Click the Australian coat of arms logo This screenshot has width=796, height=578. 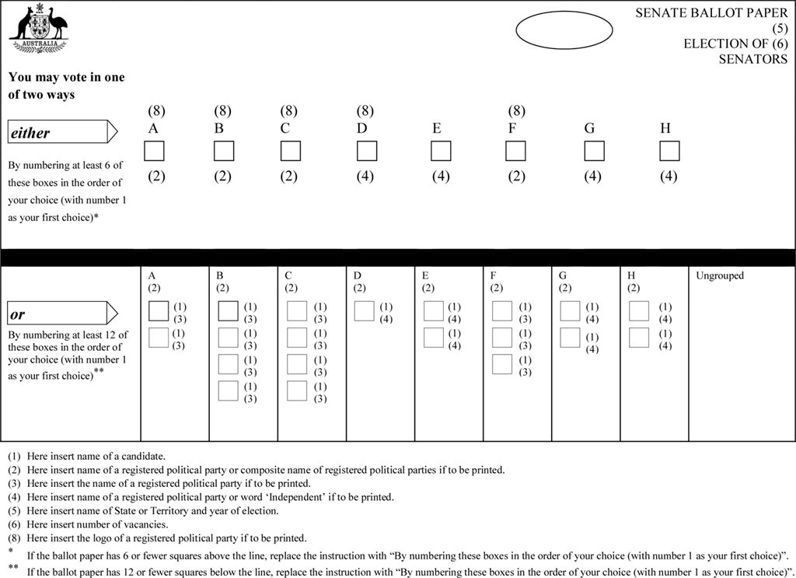point(38,30)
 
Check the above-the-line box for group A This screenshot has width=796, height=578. point(155,151)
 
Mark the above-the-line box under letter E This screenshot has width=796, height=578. point(441,151)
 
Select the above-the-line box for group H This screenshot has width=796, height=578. point(669,151)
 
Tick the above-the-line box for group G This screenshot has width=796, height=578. point(594,151)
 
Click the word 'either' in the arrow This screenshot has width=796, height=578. point(30,133)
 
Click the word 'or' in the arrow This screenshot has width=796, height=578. point(17,315)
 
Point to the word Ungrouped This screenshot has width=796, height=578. point(720,276)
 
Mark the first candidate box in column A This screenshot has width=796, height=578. point(159,311)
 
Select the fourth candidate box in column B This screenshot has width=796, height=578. point(229,391)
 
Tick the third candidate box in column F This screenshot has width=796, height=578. point(503,364)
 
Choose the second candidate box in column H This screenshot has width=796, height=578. point(639,338)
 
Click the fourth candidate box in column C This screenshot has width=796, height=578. point(297,391)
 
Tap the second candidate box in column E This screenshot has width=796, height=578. point(434,338)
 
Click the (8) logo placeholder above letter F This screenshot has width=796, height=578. point(516,111)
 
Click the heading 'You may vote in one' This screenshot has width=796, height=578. point(66,78)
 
